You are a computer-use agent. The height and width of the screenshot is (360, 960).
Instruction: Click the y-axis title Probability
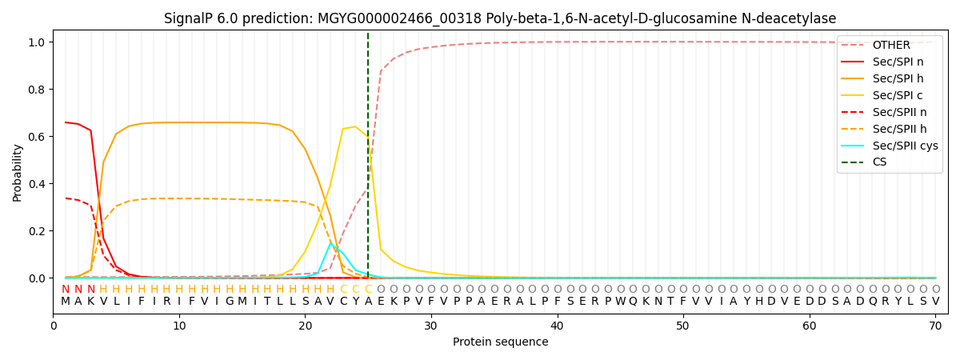[x=18, y=172]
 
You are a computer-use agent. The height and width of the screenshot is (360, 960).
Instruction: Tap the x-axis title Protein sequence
[x=501, y=342]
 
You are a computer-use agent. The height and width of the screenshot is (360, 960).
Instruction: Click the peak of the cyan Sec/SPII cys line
[x=330, y=243]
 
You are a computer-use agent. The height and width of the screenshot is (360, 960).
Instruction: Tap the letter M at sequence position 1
[x=66, y=302]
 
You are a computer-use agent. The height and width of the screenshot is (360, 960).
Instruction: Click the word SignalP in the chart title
[x=189, y=18]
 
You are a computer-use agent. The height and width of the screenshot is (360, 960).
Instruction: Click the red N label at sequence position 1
[x=66, y=290]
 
